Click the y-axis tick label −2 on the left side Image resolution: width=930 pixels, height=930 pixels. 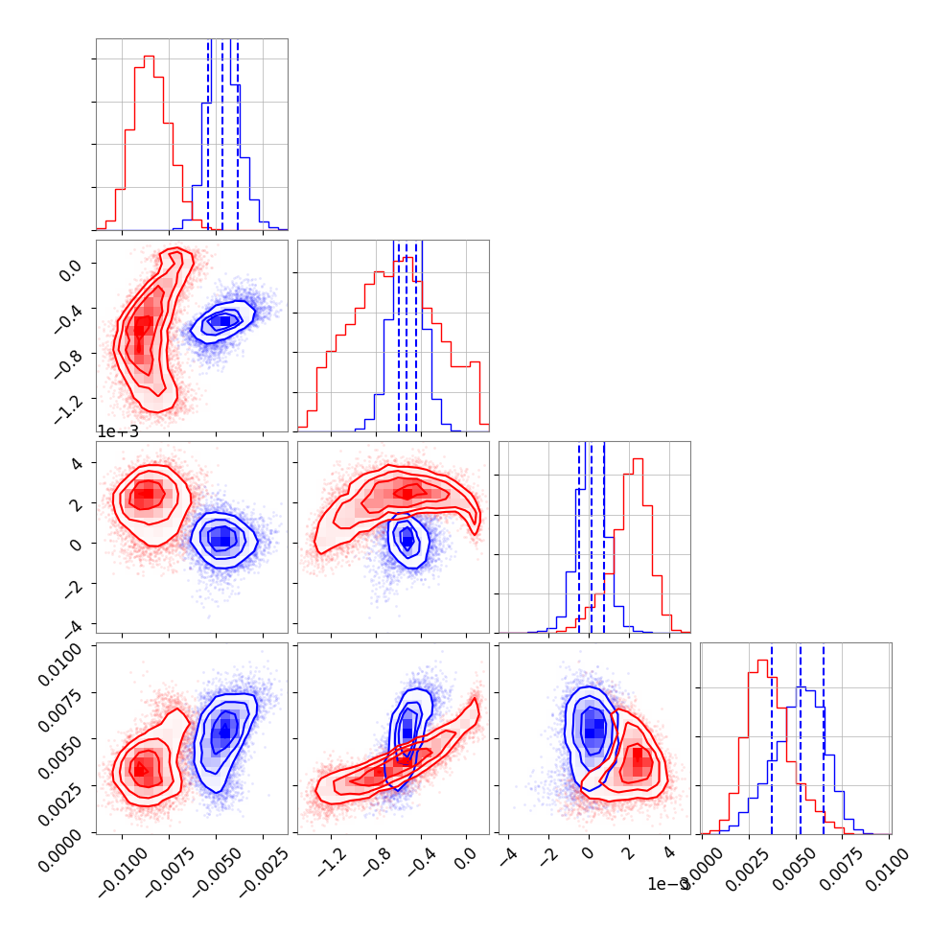(x=78, y=584)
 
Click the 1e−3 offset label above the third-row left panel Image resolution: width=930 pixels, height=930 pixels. (x=118, y=431)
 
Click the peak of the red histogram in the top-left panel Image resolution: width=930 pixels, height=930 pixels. (x=149, y=57)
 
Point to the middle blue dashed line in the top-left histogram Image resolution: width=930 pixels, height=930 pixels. (x=222, y=134)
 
